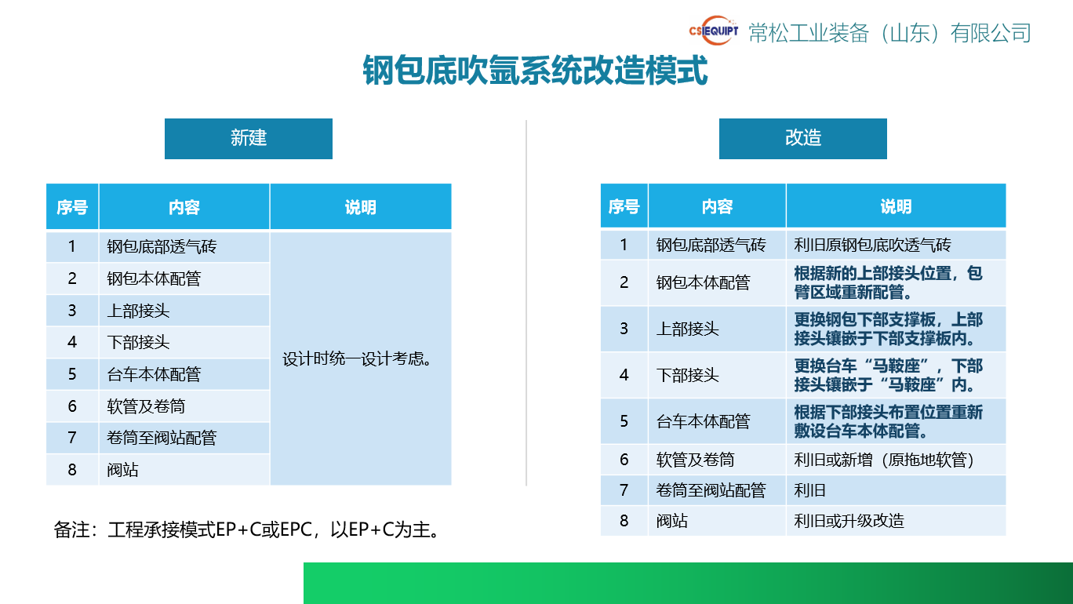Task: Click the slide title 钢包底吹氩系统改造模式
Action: (536, 71)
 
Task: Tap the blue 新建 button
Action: (249, 138)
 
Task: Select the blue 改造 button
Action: (803, 138)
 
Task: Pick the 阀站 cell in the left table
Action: (123, 470)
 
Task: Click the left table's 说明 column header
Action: (361, 207)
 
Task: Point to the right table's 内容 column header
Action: (717, 206)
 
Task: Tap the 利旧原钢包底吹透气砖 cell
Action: (872, 246)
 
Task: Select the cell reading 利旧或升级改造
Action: (849, 521)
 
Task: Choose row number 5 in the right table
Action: (624, 421)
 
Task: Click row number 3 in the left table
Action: (72, 311)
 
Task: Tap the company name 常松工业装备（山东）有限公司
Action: (889, 32)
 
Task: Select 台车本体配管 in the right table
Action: (703, 421)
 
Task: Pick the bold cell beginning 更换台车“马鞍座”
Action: (888, 376)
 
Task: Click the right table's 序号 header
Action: (624, 206)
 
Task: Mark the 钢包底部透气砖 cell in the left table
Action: (162, 247)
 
